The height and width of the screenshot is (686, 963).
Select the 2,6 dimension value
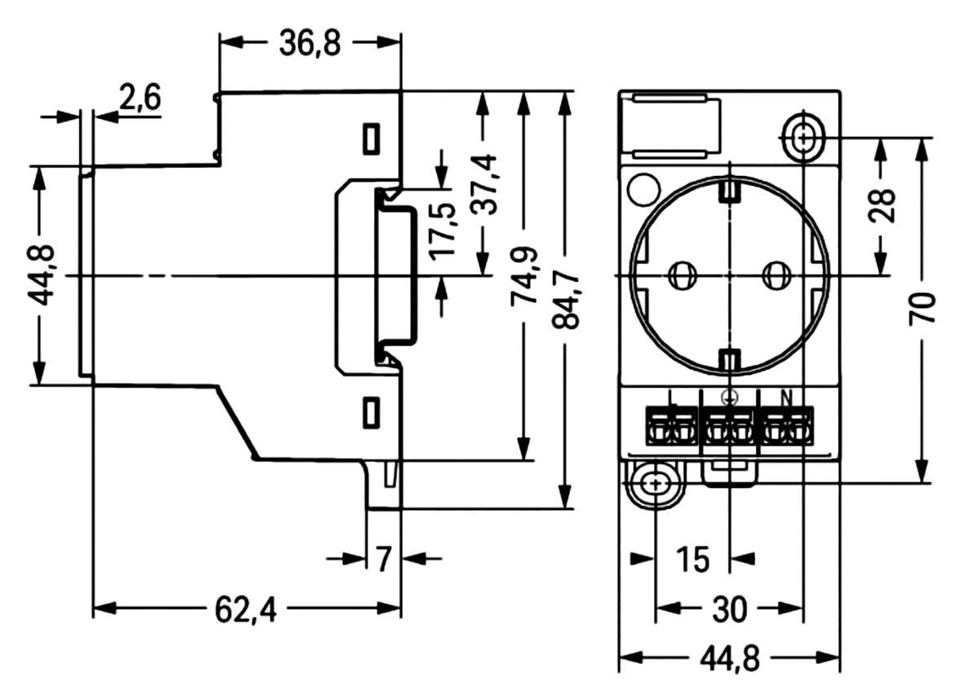pyautogui.click(x=141, y=99)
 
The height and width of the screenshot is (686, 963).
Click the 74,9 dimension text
pyautogui.click(x=523, y=277)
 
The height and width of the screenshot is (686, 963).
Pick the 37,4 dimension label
pyautogui.click(x=484, y=184)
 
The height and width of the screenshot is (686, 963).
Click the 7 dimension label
pyautogui.click(x=384, y=559)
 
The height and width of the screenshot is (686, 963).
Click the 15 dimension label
pyautogui.click(x=693, y=560)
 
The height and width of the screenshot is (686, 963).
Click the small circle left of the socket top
pyautogui.click(x=642, y=190)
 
